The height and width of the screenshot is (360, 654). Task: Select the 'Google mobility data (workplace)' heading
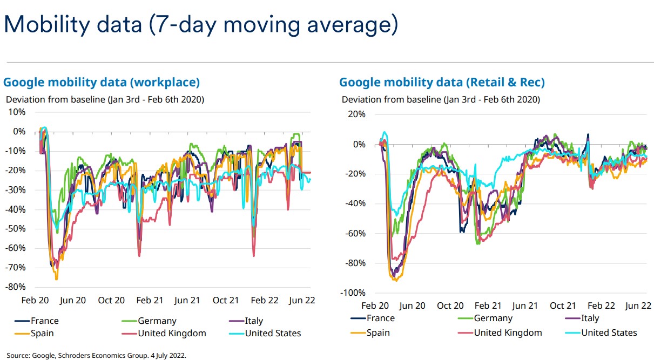coord(102,82)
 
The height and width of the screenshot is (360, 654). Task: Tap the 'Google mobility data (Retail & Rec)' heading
coord(442,82)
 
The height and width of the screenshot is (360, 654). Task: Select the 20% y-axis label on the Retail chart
coord(356,114)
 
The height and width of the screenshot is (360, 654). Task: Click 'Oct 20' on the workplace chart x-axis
coord(111,300)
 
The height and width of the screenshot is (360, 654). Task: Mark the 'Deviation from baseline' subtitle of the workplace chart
coord(105,99)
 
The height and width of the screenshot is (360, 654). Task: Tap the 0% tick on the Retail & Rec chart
coord(359,144)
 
